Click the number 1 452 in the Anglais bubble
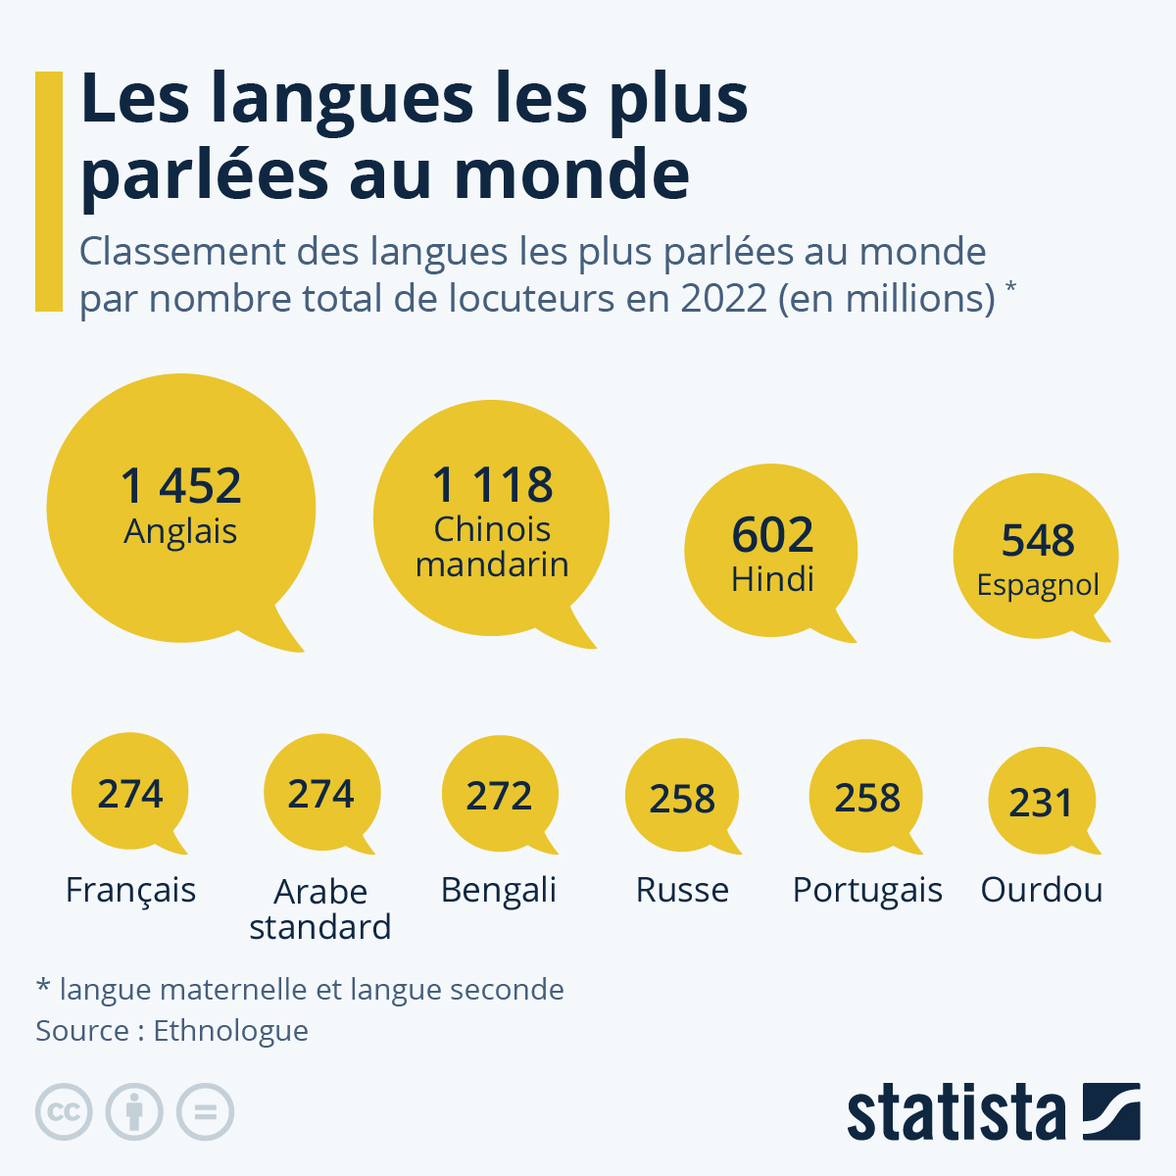tap(181, 486)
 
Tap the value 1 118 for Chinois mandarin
tap(493, 485)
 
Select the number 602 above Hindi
tap(772, 535)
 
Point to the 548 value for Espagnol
tap(1038, 540)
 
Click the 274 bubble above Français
tap(130, 793)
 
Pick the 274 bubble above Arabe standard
tap(320, 793)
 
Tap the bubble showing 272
tap(499, 795)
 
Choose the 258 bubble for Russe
tap(682, 798)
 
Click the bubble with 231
tap(1041, 802)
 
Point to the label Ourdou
tap(1042, 890)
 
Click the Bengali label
tap(499, 890)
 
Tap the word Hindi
tap(772, 579)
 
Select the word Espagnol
tap(1038, 585)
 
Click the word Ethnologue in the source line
tap(231, 1031)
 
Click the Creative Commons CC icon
tap(64, 1112)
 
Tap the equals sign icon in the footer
tap(205, 1112)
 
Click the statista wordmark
tap(955, 1113)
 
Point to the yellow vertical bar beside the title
tap(49, 191)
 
